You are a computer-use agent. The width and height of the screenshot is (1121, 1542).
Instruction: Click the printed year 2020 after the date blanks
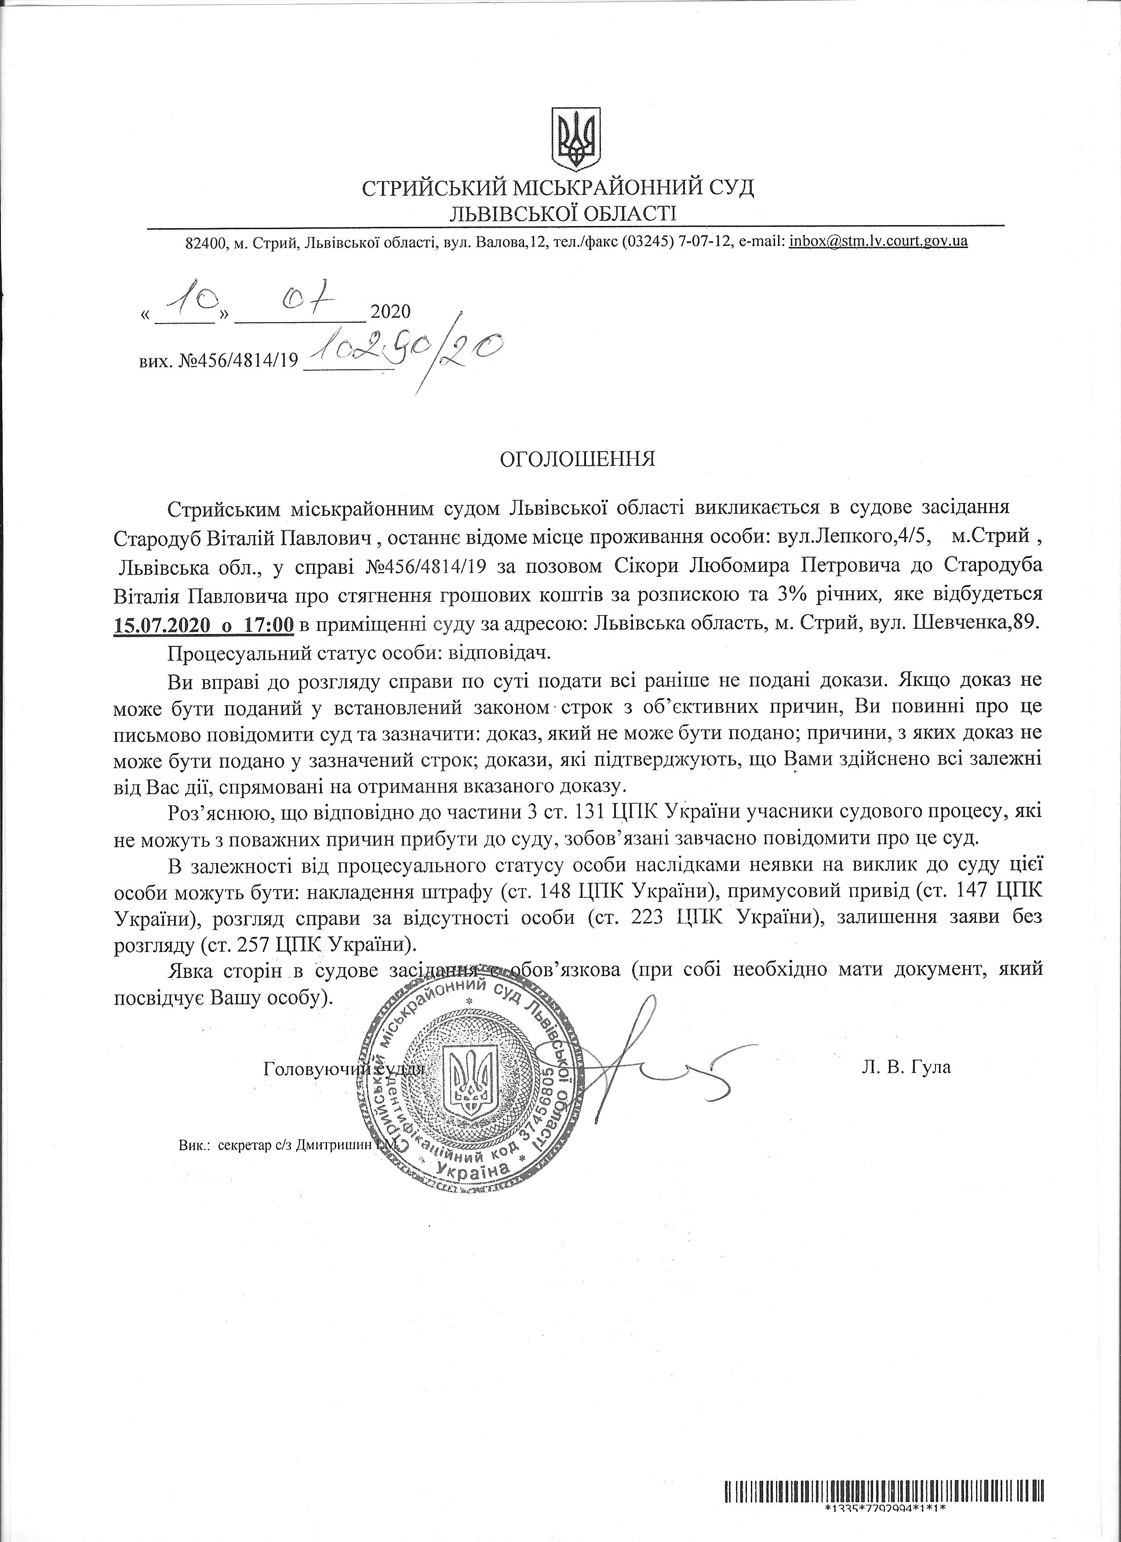tap(391, 312)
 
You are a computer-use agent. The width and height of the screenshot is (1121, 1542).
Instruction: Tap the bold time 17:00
tap(268, 625)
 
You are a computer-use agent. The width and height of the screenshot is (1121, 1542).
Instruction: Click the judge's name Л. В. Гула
tap(906, 1067)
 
